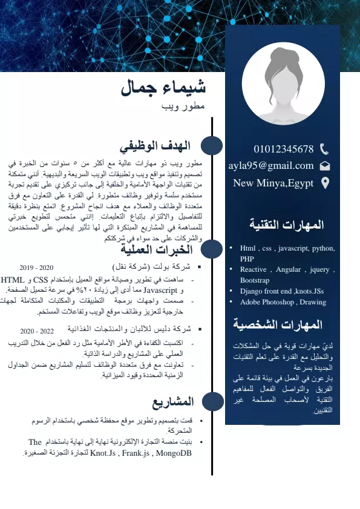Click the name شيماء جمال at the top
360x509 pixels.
point(163,88)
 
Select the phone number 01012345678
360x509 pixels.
point(284,149)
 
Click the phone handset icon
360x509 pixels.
point(324,149)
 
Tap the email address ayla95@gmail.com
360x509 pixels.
point(271,165)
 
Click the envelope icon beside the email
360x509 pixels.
point(324,165)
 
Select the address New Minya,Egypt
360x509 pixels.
point(273,183)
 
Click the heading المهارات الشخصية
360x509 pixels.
point(282,325)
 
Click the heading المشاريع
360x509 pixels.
point(173,402)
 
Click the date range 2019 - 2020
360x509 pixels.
point(36,267)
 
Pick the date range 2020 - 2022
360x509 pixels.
point(37,331)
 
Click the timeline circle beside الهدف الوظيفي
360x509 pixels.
point(212,146)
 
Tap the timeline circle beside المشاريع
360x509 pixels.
point(212,402)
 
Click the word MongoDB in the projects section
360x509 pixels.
point(174,453)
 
